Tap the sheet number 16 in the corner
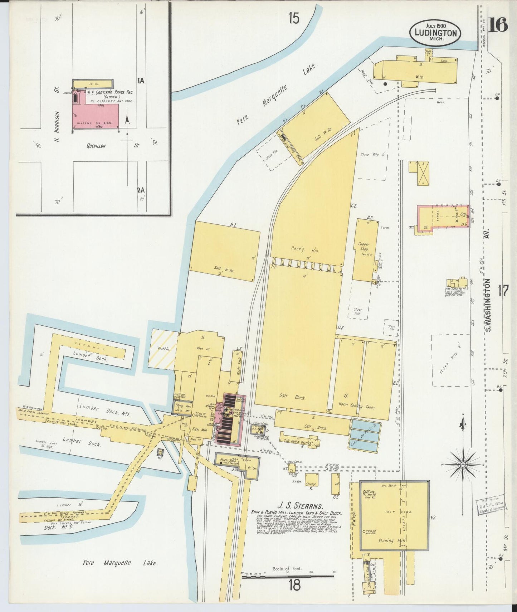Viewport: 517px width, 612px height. (498, 25)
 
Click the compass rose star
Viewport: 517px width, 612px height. (463, 464)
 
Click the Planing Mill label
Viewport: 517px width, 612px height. (391, 540)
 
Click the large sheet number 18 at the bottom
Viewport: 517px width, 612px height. (294, 586)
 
